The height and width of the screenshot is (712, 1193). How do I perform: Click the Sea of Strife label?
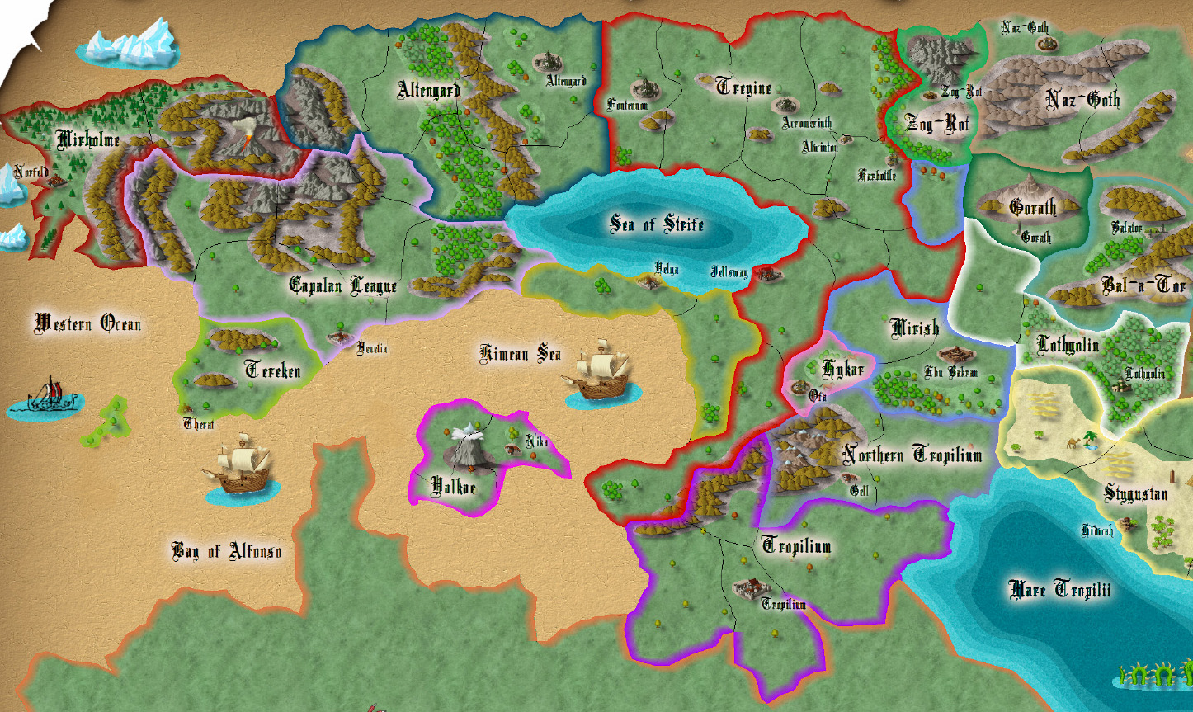tap(657, 224)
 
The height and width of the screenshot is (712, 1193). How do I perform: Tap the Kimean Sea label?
tap(521, 354)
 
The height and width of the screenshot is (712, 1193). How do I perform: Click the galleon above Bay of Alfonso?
tap(241, 467)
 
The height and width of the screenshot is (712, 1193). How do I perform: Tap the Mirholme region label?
tap(87, 139)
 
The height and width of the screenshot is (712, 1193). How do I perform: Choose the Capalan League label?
tap(342, 285)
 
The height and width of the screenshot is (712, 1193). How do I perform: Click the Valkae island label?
tap(454, 486)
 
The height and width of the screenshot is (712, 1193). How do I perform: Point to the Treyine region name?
tap(743, 87)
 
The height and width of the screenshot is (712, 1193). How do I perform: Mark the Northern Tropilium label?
tap(912, 455)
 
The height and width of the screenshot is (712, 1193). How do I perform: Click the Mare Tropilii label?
tap(1059, 589)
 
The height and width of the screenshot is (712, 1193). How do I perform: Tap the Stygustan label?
tap(1136, 493)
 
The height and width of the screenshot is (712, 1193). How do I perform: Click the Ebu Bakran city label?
tap(951, 372)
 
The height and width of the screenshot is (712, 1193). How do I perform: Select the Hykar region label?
tap(842, 369)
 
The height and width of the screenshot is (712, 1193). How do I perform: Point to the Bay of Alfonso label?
tap(226, 550)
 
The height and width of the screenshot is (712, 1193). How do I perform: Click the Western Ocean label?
tap(87, 323)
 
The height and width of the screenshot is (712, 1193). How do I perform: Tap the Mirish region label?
tap(915, 328)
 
